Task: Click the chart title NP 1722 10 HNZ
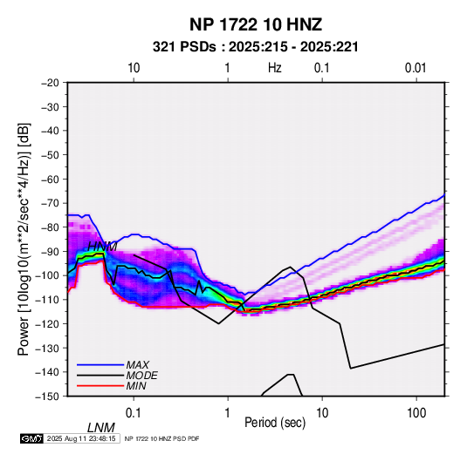(x=256, y=24)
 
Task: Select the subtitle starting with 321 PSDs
(x=255, y=47)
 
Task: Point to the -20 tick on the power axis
(x=50, y=83)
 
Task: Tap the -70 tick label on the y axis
(x=50, y=203)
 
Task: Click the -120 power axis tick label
(x=48, y=323)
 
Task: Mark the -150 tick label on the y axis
(x=48, y=397)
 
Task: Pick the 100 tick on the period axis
(x=416, y=413)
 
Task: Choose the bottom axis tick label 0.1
(x=134, y=413)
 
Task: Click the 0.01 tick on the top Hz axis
(x=415, y=68)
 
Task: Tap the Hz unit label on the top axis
(x=275, y=68)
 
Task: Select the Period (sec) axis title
(x=275, y=423)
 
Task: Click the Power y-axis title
(x=24, y=239)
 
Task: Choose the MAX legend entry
(x=138, y=364)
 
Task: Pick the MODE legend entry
(x=141, y=376)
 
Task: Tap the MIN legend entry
(x=136, y=386)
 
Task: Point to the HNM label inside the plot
(x=102, y=247)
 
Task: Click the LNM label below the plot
(x=101, y=428)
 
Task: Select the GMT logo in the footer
(x=31, y=438)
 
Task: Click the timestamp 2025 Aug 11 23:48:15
(x=81, y=438)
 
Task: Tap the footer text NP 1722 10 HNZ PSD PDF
(x=161, y=438)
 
